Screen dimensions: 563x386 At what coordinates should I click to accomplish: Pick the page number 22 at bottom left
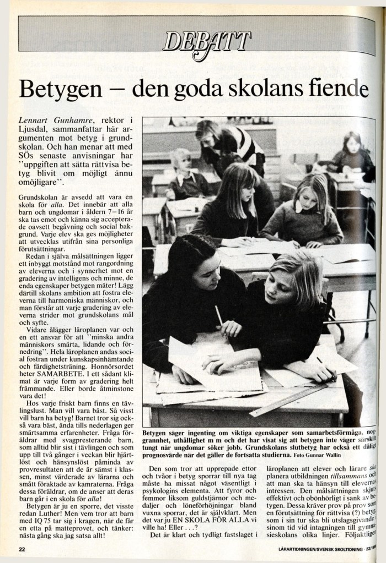(22, 549)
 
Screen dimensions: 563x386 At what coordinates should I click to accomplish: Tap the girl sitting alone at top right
(351, 153)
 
